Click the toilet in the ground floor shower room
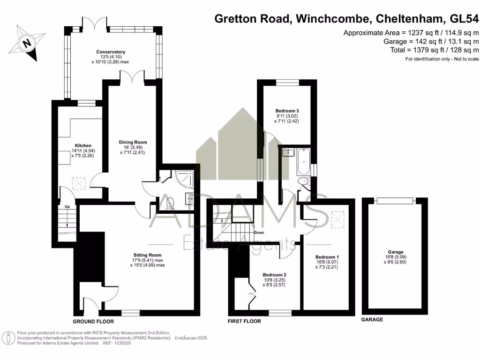click(x=170, y=202)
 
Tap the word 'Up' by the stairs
click(x=67, y=206)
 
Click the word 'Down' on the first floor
click(x=259, y=232)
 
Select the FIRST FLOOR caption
click(x=244, y=322)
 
